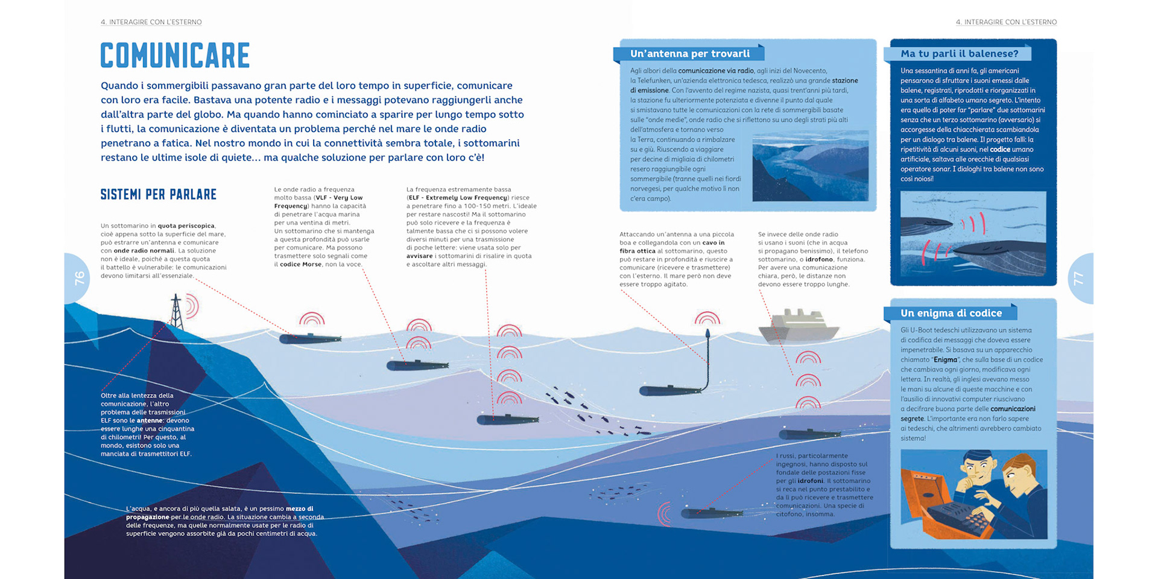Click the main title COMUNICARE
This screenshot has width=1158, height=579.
[175, 55]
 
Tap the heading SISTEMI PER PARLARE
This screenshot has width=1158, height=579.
[158, 194]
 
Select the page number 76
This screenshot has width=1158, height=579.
[79, 278]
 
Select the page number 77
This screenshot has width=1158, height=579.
[1078, 279]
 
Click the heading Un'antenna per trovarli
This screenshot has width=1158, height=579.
[689, 54]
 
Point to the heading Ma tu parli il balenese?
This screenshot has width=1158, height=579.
[959, 54]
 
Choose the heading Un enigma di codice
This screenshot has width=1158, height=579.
[951, 313]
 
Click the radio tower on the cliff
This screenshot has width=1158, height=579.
[176, 311]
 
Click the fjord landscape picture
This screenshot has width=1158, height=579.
[810, 166]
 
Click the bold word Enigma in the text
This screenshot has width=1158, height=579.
[945, 359]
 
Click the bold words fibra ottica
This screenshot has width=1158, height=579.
[638, 251]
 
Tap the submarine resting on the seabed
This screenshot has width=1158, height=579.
[712, 513]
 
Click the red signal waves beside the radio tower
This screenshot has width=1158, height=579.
[192, 306]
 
